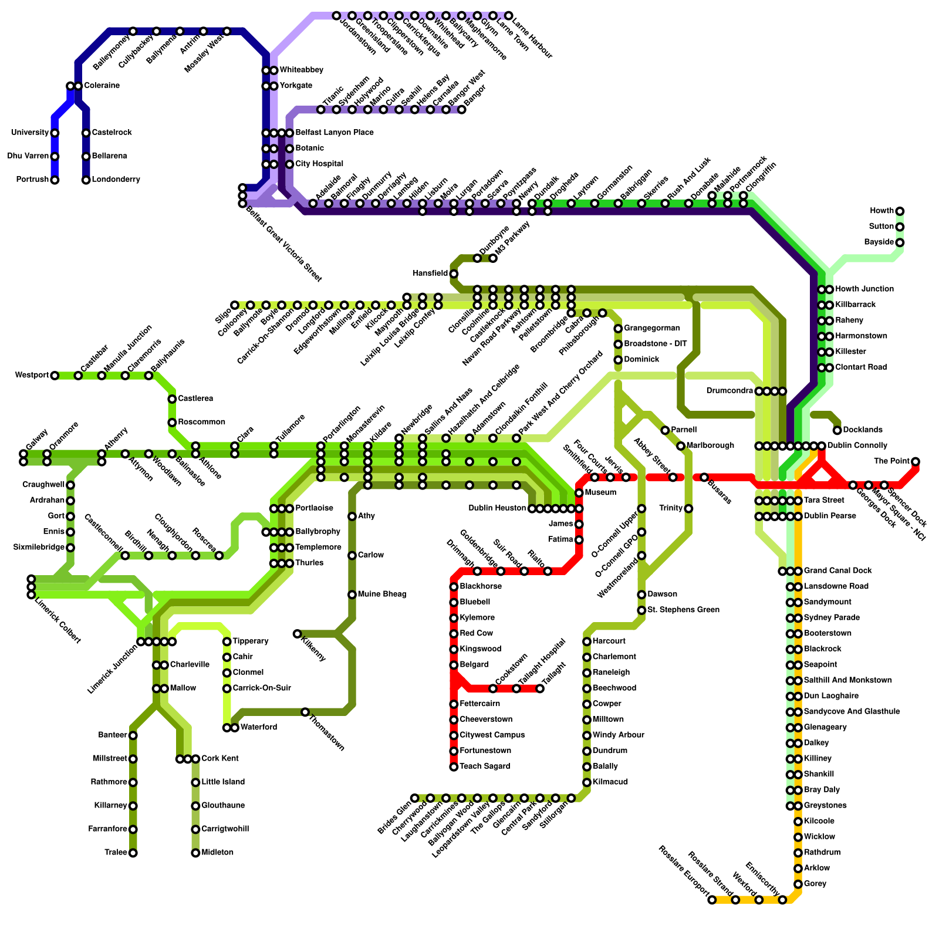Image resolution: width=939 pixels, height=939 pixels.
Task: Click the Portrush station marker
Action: point(55,180)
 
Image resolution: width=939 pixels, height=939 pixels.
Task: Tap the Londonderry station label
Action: point(116,180)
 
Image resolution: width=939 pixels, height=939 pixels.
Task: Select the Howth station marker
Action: point(900,211)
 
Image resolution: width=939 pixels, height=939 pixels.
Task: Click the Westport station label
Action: point(32,376)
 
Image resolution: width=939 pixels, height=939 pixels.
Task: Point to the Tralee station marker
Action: point(133,853)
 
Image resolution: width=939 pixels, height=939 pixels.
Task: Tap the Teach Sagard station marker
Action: point(454,766)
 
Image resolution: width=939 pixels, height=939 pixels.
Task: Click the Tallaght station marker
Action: point(540,688)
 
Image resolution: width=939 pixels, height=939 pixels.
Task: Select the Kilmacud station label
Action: point(610,782)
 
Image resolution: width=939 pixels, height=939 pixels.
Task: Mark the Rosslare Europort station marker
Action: point(712,900)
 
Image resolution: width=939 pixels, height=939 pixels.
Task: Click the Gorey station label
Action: point(815,884)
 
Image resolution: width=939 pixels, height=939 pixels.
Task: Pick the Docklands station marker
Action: point(837,430)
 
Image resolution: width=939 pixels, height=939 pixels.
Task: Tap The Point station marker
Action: point(916,461)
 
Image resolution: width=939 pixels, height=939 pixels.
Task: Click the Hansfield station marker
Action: point(454,273)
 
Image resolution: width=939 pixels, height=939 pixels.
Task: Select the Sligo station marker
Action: point(235,305)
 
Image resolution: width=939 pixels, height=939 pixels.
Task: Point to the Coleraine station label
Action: point(102,86)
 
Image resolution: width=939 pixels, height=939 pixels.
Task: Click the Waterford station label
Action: point(259,728)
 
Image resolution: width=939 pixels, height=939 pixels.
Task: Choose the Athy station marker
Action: point(352,516)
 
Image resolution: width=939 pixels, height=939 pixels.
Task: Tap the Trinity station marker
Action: point(688,508)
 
